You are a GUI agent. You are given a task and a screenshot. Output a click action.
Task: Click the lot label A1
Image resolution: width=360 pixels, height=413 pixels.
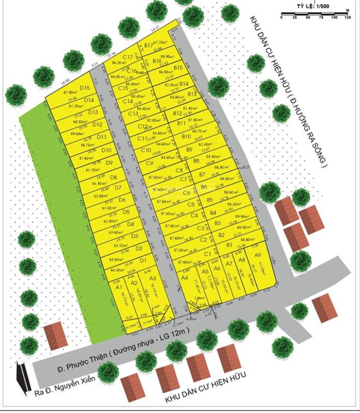(x=118, y=287)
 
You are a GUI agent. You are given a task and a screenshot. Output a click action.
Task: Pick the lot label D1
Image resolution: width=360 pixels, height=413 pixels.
(x=143, y=260)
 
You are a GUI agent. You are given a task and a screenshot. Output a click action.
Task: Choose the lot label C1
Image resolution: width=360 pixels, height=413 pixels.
(x=207, y=253)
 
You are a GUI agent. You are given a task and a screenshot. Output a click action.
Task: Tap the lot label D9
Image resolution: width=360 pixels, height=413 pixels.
(x=109, y=162)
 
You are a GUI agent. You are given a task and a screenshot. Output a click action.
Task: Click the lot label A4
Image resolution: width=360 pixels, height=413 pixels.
(x=185, y=278)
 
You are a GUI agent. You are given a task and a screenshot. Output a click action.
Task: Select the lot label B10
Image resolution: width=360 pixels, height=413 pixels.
(x=186, y=136)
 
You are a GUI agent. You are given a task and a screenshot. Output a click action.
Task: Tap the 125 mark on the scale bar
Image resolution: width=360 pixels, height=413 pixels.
(x=347, y=18)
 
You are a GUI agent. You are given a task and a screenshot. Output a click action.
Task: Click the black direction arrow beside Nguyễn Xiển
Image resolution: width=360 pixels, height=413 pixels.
(x=21, y=376)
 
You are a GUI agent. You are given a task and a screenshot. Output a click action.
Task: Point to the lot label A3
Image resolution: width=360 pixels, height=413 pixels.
(x=153, y=279)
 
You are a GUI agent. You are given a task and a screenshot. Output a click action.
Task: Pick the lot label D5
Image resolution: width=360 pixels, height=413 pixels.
(x=126, y=212)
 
